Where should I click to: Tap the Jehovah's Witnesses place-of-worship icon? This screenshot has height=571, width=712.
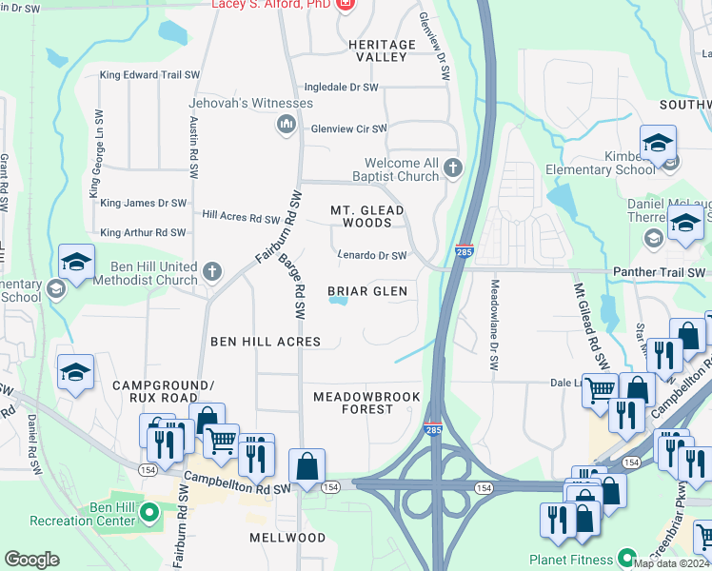click(286, 125)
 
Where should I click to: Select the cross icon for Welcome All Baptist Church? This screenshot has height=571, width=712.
click(452, 169)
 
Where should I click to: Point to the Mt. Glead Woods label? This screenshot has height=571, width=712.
click(366, 216)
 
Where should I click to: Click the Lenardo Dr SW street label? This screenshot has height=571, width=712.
click(372, 255)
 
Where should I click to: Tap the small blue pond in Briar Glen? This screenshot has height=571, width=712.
click(338, 303)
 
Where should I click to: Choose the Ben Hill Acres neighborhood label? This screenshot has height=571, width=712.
click(266, 341)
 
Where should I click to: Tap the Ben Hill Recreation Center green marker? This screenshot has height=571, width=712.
click(148, 513)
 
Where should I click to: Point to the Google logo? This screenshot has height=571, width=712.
click(31, 560)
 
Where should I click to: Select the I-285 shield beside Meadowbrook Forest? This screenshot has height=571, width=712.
click(432, 430)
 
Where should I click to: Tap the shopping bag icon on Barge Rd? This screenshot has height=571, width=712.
click(307, 467)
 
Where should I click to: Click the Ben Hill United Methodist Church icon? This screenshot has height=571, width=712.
click(211, 273)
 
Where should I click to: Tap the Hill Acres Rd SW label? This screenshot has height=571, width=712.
click(240, 216)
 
